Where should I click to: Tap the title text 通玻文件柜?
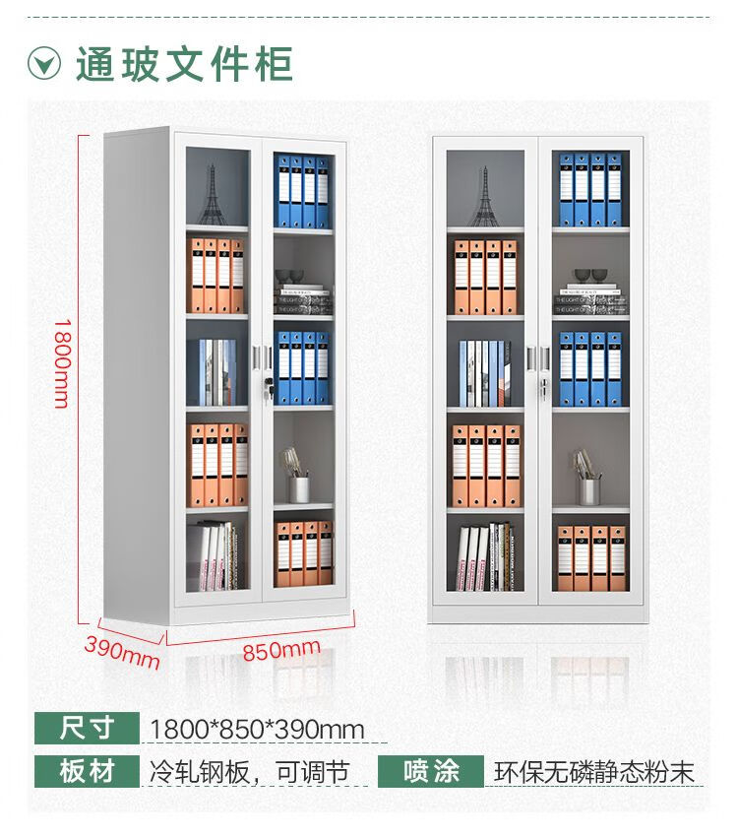pyautogui.click(x=184, y=64)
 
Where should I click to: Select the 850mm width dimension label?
pyautogui.click(x=280, y=649)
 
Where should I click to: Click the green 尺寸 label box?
pyautogui.click(x=88, y=729)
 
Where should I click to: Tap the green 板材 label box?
pyautogui.click(x=88, y=771)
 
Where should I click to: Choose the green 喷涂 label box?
pyautogui.click(x=431, y=771)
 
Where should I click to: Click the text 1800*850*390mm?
pyautogui.click(x=257, y=730)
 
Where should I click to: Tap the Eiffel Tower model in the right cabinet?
pyautogui.click(x=483, y=197)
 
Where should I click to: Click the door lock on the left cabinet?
pyautogui.click(x=264, y=390)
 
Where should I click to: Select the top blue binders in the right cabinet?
pyautogui.click(x=590, y=190)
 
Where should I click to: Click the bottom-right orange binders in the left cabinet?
pyautogui.click(x=304, y=553)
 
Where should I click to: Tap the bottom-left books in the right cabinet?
pyautogui.click(x=485, y=556)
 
